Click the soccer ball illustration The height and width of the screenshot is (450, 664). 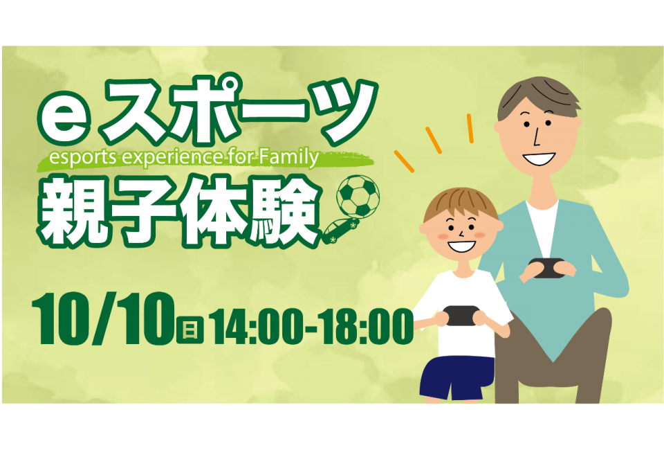(358, 196)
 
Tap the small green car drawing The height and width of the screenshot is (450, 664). (341, 231)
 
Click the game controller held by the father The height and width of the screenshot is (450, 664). (548, 267)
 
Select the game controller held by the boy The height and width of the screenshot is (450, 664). (463, 316)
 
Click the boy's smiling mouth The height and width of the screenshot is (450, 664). (461, 246)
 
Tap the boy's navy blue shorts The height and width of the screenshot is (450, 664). (456, 377)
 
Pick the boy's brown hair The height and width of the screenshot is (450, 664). (461, 204)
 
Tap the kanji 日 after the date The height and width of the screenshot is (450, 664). (190, 330)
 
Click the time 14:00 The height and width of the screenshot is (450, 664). (258, 327)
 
